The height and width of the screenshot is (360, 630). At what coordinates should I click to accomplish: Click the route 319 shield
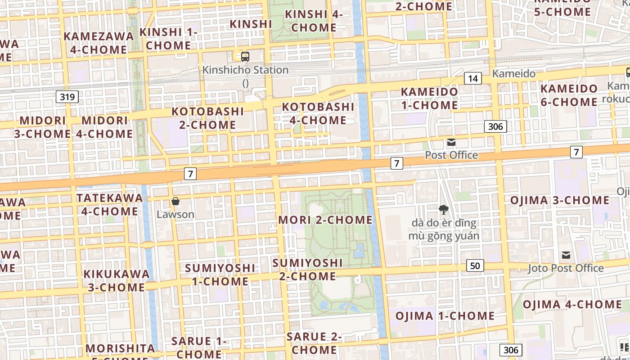pos(67,97)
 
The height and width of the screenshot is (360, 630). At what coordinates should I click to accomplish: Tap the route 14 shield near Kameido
pos(472,79)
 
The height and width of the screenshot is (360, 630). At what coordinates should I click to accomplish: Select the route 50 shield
pos(475,266)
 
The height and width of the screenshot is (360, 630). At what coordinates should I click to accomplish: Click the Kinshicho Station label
pos(245,70)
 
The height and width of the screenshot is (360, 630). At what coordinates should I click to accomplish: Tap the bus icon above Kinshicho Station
pos(245,57)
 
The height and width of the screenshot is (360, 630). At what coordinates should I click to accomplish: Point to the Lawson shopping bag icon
pos(175,201)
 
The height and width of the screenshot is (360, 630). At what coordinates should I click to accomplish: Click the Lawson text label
pos(175,214)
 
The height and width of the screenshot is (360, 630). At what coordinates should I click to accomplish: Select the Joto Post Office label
pos(566,268)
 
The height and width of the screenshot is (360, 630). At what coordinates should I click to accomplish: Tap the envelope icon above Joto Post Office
pos(566,256)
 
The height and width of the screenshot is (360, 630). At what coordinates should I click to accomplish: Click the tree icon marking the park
pos(444,209)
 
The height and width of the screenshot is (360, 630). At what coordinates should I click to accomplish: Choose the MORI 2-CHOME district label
pos(325,220)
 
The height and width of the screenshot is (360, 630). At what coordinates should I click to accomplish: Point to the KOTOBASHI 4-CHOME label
pos(318,113)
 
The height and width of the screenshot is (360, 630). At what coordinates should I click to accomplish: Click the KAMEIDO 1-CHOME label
pos(429,98)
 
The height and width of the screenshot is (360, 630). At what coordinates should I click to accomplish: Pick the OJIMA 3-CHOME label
pos(559,200)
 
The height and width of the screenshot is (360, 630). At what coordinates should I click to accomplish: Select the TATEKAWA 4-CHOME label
pos(106,204)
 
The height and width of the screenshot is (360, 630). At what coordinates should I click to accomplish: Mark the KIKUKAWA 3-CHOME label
pos(117,280)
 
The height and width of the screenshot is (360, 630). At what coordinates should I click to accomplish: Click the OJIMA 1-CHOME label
pos(445,316)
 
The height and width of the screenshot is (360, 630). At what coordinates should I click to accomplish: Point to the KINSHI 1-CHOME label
pos(168,39)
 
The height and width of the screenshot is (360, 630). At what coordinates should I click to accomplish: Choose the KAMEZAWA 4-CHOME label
pos(99,43)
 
